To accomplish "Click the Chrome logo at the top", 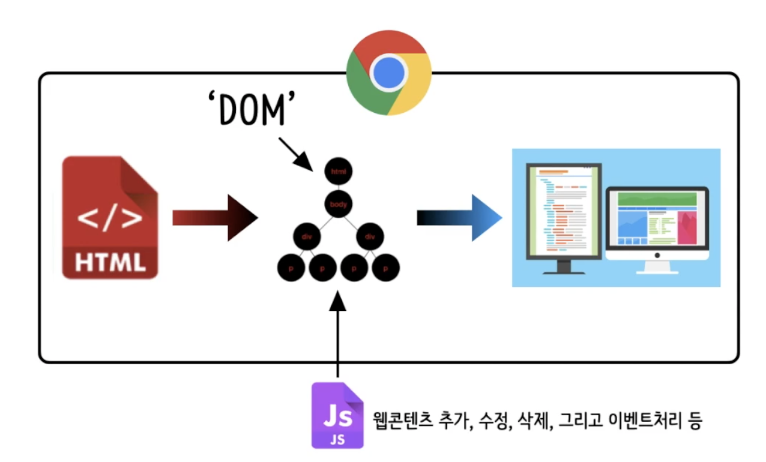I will [389, 73].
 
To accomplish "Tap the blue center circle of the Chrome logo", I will [389, 73].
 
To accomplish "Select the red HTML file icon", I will [110, 217].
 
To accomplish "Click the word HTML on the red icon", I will [110, 262].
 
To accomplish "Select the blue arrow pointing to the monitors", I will [459, 217].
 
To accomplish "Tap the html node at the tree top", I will [339, 172].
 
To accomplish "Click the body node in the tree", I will [339, 205].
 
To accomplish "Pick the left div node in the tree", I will [307, 236].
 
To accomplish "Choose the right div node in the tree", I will [370, 236].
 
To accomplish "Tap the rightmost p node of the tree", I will [385, 268].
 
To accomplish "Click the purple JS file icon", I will [337, 415].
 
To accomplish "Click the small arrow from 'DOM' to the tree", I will [295, 152].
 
